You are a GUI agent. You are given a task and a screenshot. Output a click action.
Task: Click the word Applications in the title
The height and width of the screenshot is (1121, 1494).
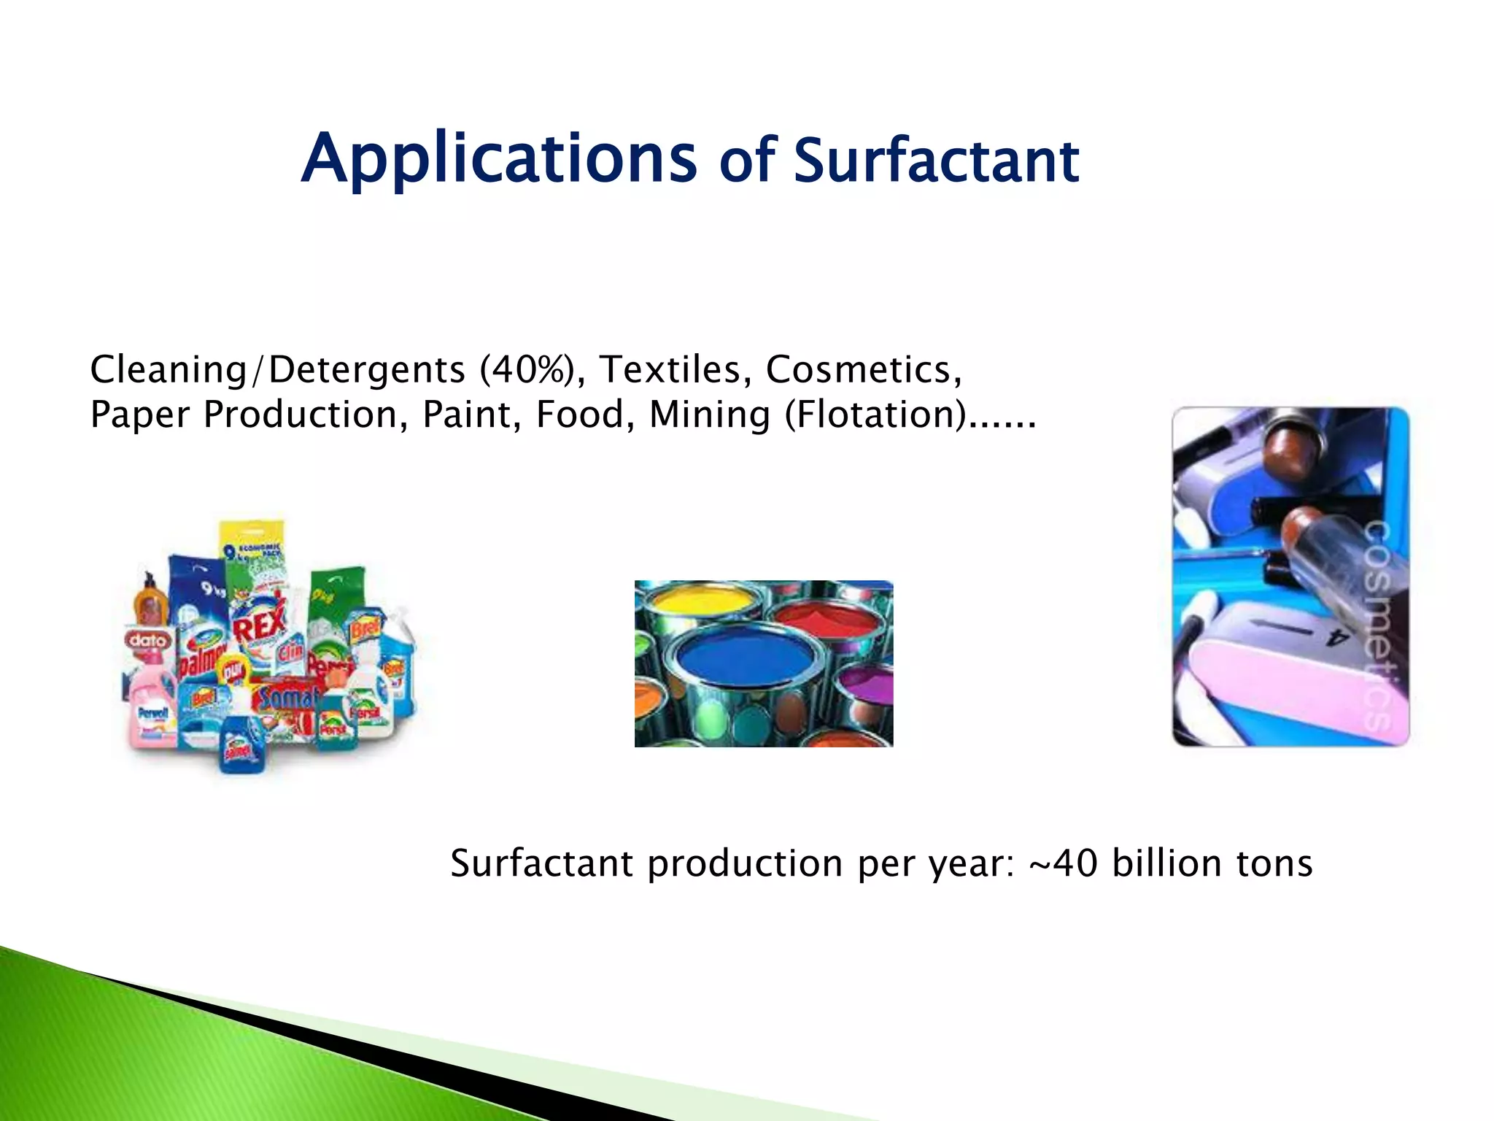click(x=499, y=159)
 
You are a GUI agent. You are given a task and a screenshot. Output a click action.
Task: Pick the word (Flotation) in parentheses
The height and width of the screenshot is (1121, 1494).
click(x=875, y=415)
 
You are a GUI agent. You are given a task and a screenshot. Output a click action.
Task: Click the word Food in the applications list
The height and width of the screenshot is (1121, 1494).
click(x=580, y=415)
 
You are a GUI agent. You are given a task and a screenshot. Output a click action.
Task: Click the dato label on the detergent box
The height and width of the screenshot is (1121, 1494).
click(x=148, y=640)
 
